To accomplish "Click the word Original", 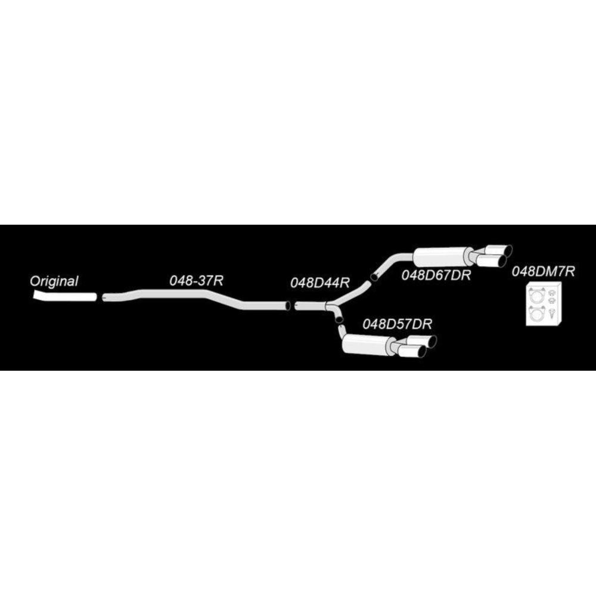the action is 54,282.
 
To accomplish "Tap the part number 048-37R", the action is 196,281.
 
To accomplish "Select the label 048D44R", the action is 319,283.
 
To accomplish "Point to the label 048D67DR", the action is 436,274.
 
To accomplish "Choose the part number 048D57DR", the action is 397,324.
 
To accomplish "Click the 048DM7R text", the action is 543,271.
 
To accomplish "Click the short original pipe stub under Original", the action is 64,296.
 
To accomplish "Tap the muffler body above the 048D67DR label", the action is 441,256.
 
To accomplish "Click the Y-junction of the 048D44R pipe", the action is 330,305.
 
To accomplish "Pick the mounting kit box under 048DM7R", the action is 543,304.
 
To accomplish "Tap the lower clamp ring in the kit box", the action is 537,314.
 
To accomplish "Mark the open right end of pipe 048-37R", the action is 288,305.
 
